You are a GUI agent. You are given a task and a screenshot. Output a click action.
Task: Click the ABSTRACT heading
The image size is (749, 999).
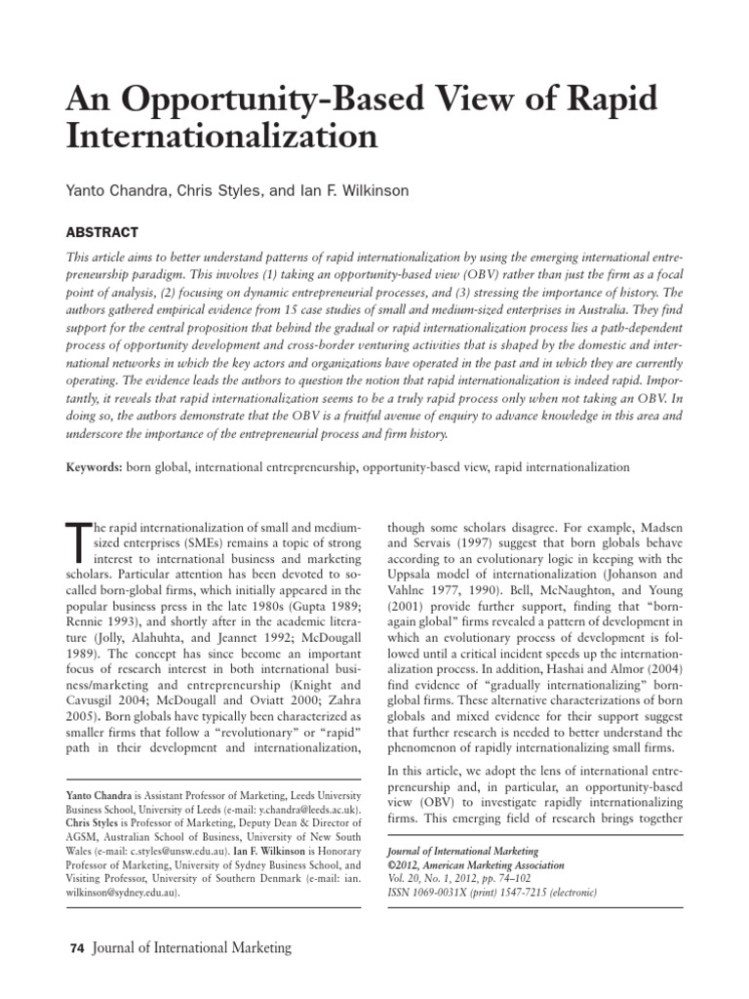pos(102,232)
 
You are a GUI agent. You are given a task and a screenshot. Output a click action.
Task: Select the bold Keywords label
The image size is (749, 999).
pos(93,467)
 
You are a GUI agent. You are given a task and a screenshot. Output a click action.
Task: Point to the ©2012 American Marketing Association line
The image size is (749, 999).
pos(476,864)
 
